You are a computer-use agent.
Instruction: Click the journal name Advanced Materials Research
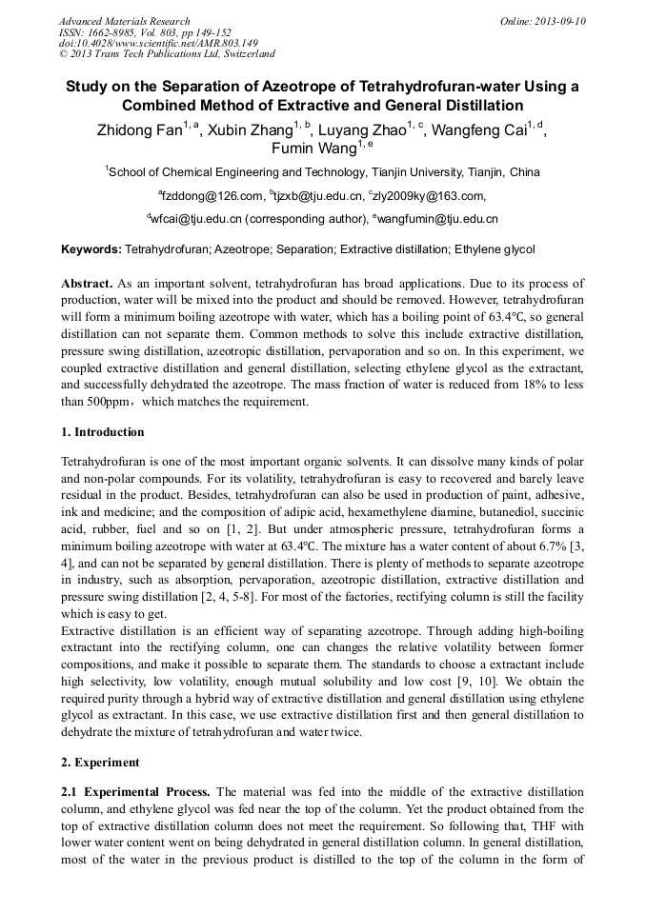click(124, 21)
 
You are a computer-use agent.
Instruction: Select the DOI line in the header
click(158, 43)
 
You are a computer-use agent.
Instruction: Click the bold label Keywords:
click(91, 249)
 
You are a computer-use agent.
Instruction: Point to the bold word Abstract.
click(88, 285)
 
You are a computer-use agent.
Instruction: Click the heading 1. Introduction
click(102, 432)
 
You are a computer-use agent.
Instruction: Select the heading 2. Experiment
click(100, 763)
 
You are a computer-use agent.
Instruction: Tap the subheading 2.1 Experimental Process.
click(136, 792)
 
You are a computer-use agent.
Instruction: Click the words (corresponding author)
click(305, 219)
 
